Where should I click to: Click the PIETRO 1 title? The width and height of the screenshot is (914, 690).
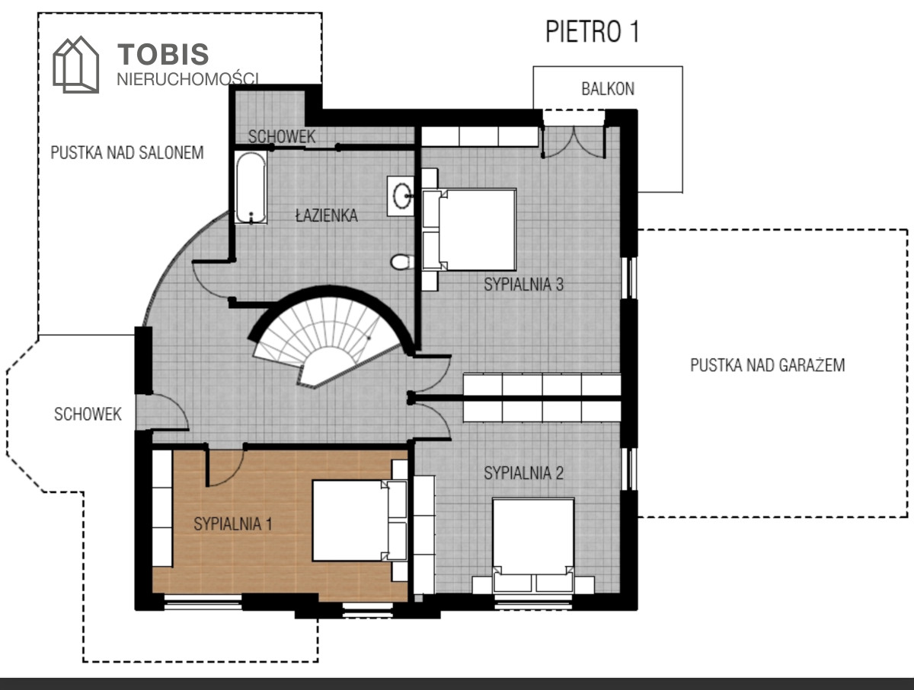pos(592,32)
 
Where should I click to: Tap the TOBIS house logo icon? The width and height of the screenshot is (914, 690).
pos(75,65)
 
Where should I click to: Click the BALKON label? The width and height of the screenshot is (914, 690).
pos(608,88)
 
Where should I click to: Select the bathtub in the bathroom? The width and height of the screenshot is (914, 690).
pos(251,188)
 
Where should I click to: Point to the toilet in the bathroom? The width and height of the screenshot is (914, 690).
pos(402,262)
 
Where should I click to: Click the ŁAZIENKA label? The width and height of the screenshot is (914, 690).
pos(327,215)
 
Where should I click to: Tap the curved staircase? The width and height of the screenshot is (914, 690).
pos(329,337)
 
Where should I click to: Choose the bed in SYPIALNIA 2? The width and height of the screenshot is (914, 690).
pos(533,545)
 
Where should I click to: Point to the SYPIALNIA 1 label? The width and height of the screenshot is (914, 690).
pos(233,523)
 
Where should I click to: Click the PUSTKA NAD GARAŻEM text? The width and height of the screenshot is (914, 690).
pos(768,365)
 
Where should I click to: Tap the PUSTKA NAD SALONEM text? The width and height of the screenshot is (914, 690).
pos(127,153)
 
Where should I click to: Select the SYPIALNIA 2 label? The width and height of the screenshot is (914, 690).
pos(523,473)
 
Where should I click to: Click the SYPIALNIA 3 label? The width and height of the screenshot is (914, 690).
pos(523,285)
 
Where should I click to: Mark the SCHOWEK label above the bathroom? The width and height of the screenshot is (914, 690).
pos(282,136)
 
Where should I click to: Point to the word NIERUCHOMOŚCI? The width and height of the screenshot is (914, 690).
pos(188,79)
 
